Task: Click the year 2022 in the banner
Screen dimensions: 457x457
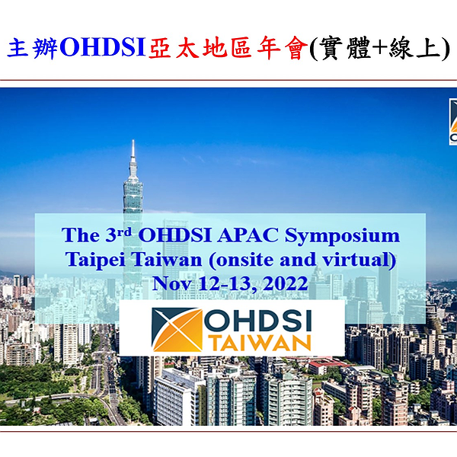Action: click(281, 283)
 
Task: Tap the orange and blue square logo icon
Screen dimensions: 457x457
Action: click(177, 330)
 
